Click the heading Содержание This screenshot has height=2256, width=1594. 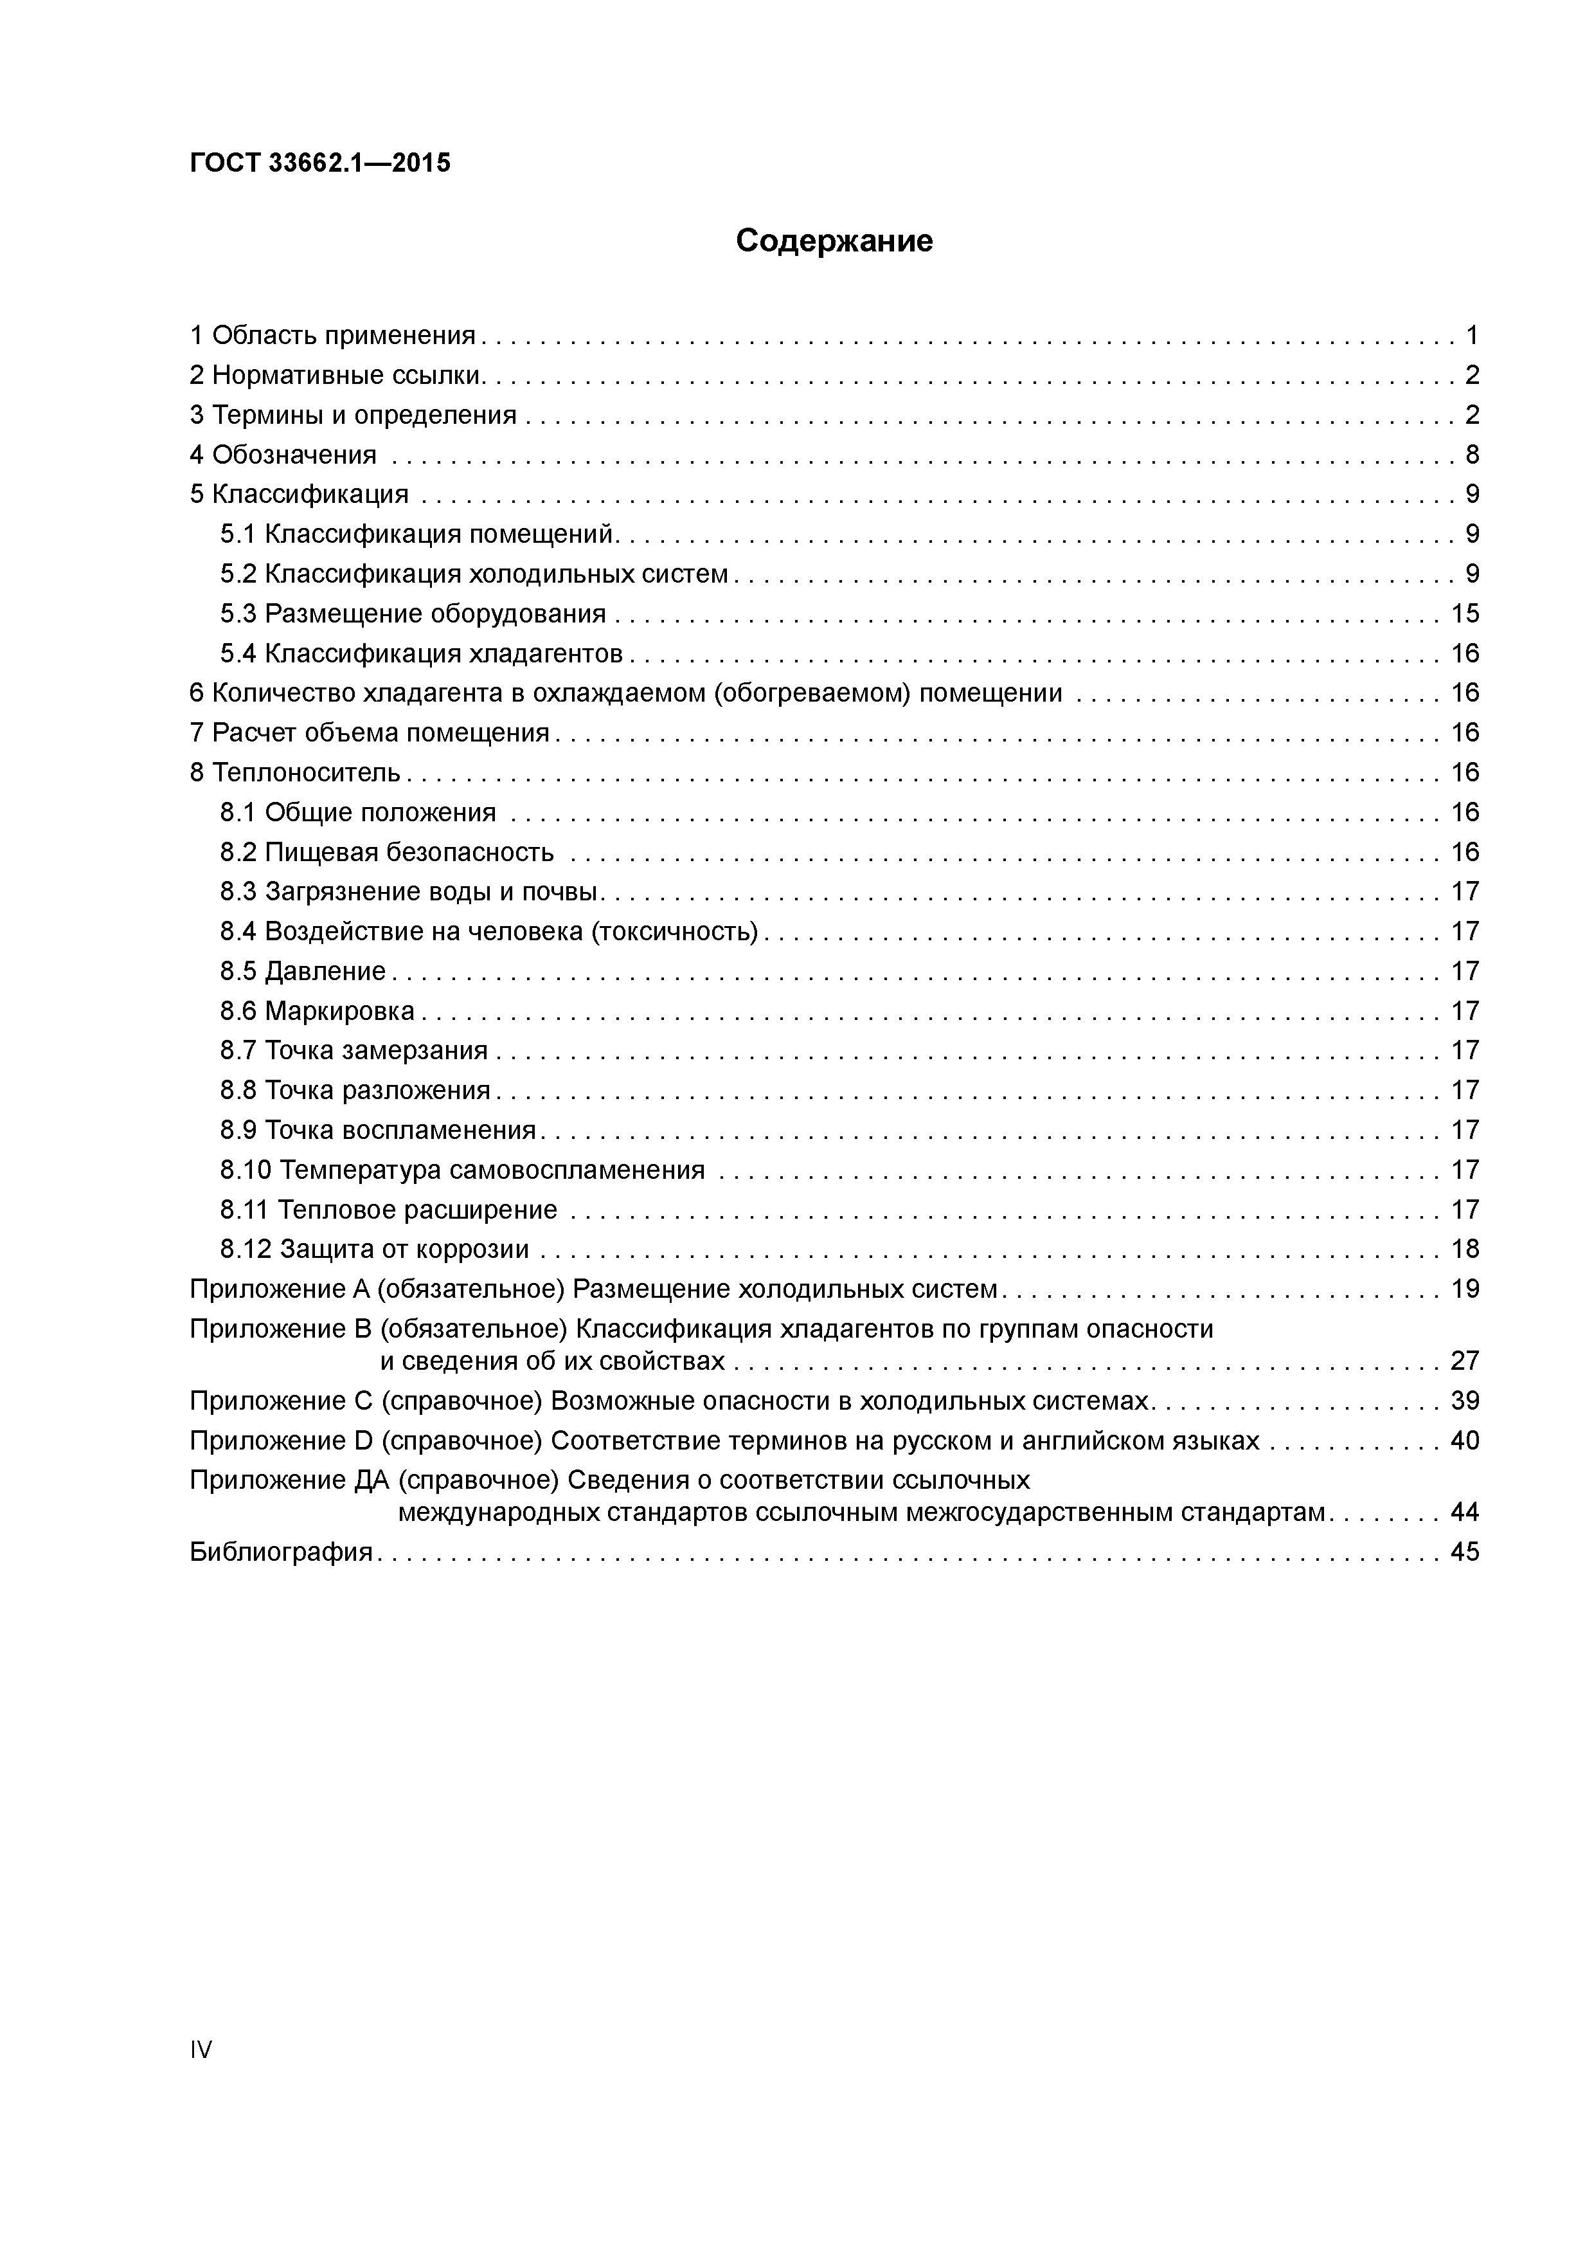click(x=834, y=241)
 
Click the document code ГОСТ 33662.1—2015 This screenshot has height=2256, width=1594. click(x=320, y=163)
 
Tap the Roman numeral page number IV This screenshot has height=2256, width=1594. click(x=201, y=2049)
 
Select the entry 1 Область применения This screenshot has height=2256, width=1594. click(x=332, y=336)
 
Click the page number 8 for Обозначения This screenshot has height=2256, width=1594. click(x=1471, y=455)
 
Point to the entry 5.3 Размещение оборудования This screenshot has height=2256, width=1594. click(x=413, y=614)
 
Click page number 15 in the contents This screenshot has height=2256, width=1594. click(x=1464, y=614)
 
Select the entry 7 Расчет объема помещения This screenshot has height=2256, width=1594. click(x=370, y=733)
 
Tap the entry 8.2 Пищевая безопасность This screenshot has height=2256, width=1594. click(x=387, y=852)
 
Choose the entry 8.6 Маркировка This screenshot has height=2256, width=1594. click(x=318, y=1011)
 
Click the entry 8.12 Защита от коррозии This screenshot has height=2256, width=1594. click(x=374, y=1250)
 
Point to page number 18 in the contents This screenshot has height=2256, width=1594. click(x=1464, y=1250)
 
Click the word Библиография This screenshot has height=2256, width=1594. click(x=281, y=1552)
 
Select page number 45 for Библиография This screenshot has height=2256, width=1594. click(x=1464, y=1552)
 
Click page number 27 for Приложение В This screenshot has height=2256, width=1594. click(x=1464, y=1361)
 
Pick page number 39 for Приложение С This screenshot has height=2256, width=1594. click(x=1464, y=1401)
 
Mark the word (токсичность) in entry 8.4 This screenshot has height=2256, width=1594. click(x=675, y=931)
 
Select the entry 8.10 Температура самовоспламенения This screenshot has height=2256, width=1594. click(x=463, y=1170)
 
